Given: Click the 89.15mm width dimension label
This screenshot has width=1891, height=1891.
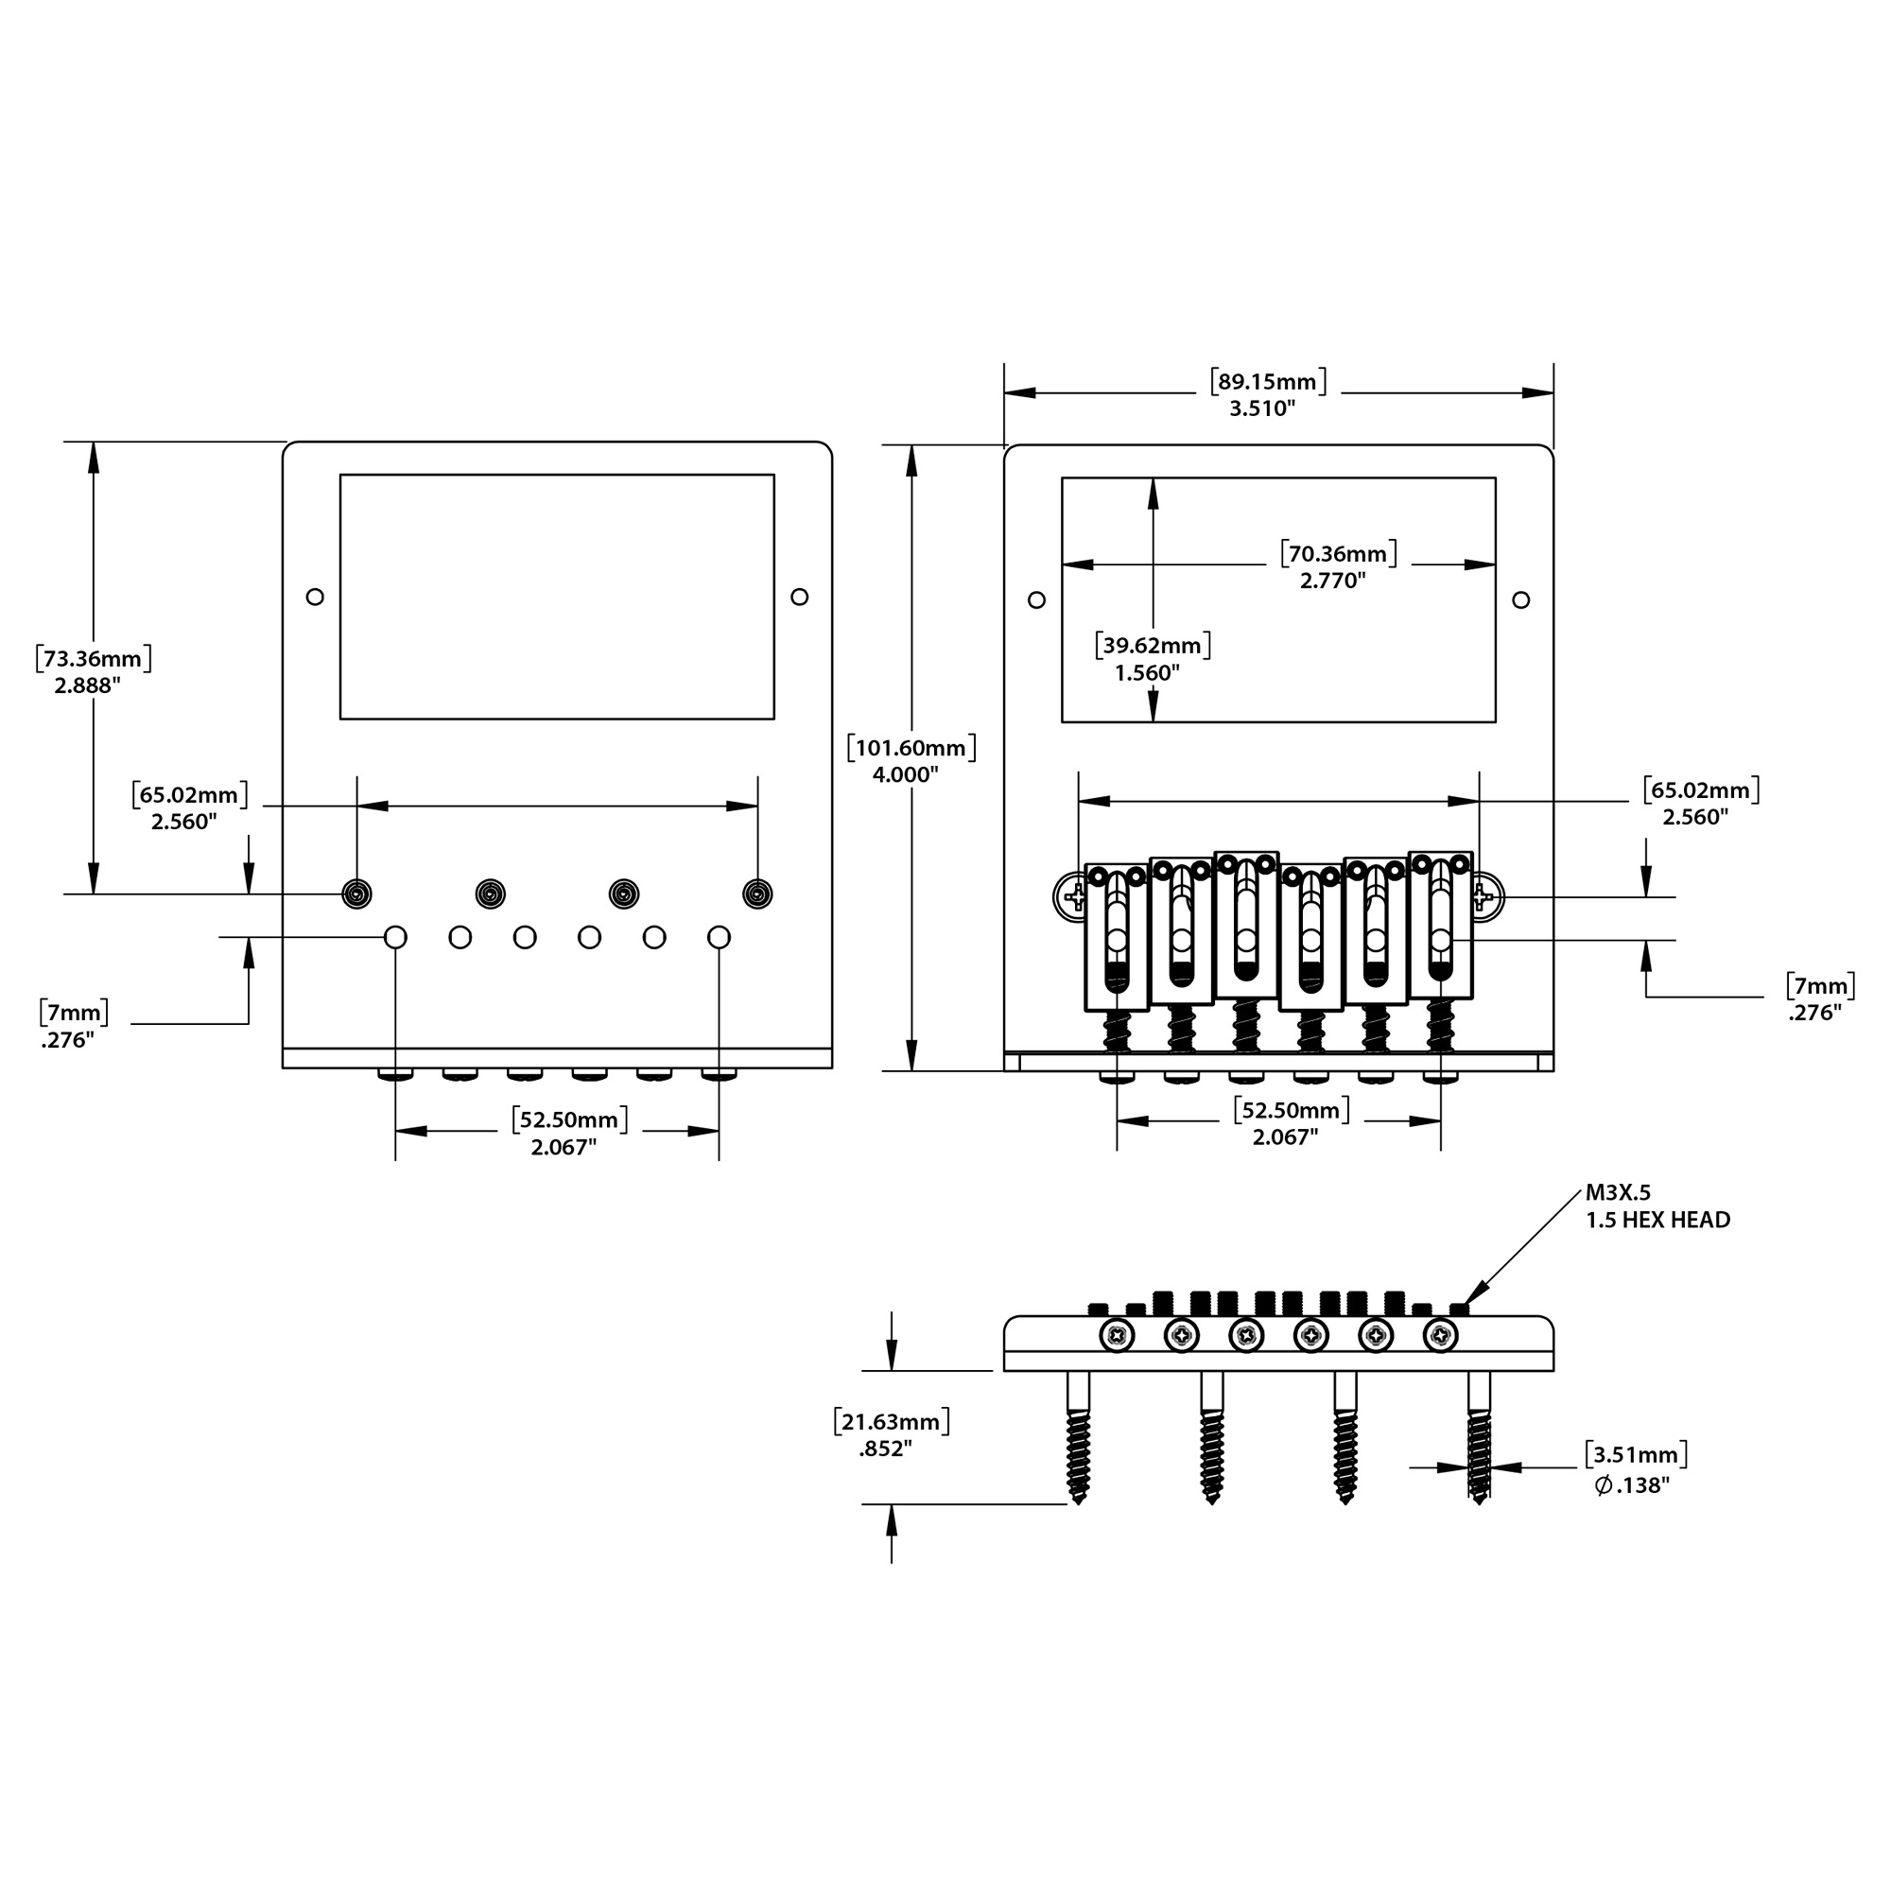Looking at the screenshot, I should pyautogui.click(x=1268, y=394).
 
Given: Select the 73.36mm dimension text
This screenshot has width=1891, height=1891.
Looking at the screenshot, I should pyautogui.click(x=93, y=670).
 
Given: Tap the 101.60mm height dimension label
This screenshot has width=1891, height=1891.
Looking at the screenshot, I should pyautogui.click(x=911, y=760).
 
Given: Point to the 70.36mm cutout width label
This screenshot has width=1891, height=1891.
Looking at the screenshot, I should pyautogui.click(x=1338, y=566).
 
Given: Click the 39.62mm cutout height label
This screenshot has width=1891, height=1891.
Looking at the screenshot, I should pyautogui.click(x=1152, y=658).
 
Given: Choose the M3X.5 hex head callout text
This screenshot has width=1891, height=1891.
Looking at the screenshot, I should pyautogui.click(x=1657, y=1206).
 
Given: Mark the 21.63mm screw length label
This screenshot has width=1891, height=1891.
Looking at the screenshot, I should pyautogui.click(x=891, y=1434).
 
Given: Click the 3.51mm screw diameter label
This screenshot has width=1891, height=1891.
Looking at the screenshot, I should pyautogui.click(x=1636, y=1469).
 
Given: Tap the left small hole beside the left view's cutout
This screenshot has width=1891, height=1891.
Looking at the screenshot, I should pyautogui.click(x=315, y=596).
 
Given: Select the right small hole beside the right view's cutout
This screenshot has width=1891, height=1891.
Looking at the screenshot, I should pyautogui.click(x=1520, y=600).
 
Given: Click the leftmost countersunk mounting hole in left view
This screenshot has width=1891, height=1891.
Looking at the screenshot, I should pyautogui.click(x=357, y=893).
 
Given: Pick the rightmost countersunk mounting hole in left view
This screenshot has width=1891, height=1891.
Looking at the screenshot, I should pyautogui.click(x=757, y=893).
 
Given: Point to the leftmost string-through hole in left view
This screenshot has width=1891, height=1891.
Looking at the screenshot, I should pyautogui.click(x=395, y=938).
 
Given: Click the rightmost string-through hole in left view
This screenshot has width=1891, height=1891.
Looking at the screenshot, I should pyautogui.click(x=719, y=938).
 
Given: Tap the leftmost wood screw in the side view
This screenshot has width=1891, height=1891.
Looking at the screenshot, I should pyautogui.click(x=1079, y=1437).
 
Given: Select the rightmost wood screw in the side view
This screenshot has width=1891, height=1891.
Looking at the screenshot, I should pyautogui.click(x=1479, y=1437).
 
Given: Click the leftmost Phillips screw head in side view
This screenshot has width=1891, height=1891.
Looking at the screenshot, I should pyautogui.click(x=1117, y=1335).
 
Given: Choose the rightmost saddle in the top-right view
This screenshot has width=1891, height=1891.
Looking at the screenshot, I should pyautogui.click(x=1441, y=925).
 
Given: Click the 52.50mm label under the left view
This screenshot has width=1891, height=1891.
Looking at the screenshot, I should pyautogui.click(x=569, y=1133).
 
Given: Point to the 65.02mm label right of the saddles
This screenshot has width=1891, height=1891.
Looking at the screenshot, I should pyautogui.click(x=1701, y=803).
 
